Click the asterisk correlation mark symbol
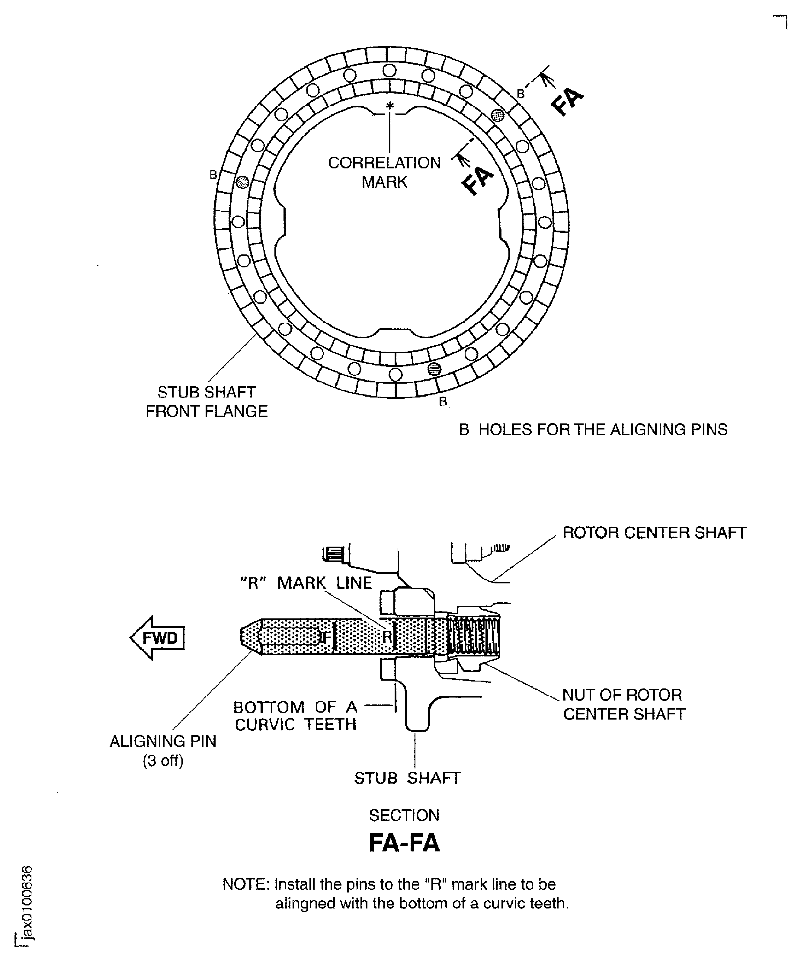point(390,106)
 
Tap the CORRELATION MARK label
point(384,173)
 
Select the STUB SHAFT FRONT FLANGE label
point(207,402)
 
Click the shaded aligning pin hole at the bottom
point(434,369)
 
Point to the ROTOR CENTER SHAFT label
point(654,533)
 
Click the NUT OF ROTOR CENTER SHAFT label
point(623,704)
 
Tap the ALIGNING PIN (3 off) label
point(163,751)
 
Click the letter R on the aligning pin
point(387,637)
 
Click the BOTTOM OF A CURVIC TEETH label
point(295,716)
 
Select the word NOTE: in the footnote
point(246,884)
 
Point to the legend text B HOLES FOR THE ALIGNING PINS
point(593,429)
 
